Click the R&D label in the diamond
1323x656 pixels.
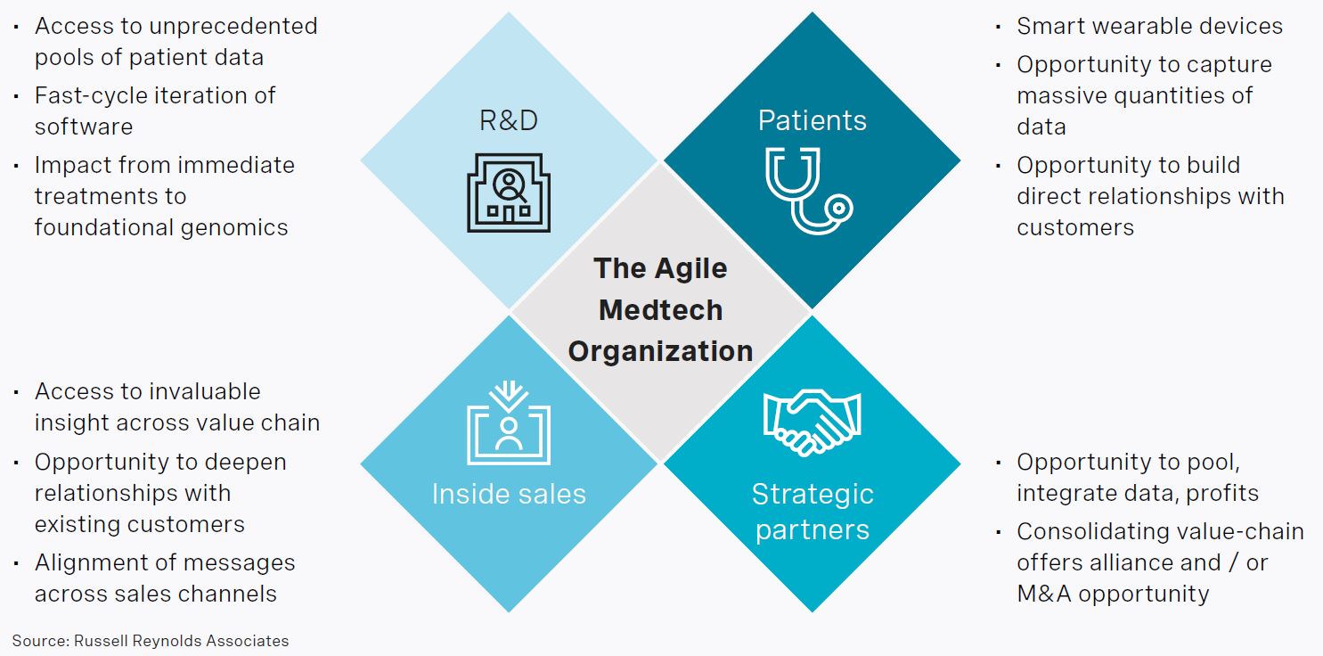(509, 120)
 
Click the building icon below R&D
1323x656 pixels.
(509, 192)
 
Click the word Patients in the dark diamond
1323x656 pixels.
(812, 120)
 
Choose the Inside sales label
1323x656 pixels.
(509, 494)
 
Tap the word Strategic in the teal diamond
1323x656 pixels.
(813, 494)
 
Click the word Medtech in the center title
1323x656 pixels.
(660, 309)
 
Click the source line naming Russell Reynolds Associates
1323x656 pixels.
(151, 640)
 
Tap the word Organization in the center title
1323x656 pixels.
(660, 350)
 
